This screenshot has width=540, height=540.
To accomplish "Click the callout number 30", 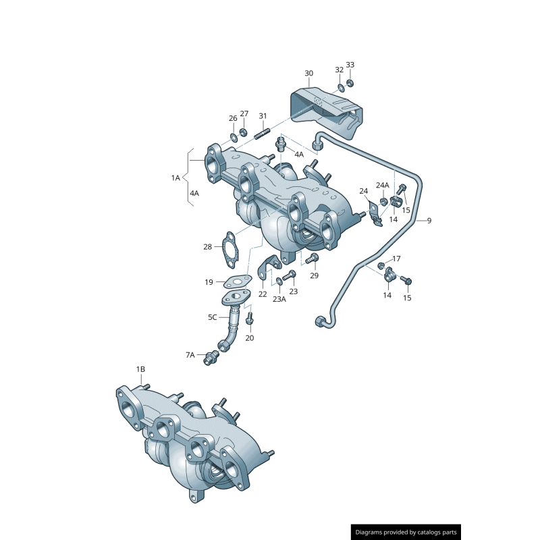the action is pos(309,74).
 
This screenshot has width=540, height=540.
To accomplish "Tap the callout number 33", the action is pos(350,65).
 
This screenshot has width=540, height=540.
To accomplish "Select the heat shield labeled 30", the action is pos(326,113).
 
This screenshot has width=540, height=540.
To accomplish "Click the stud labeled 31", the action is pos(263,133).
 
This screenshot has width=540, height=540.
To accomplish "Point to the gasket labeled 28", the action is pos(230,250).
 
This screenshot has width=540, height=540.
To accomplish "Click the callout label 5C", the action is pos(213,317).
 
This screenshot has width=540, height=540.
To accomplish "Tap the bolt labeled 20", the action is pos(250,319).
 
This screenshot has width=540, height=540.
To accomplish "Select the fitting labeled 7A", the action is pos(211,358).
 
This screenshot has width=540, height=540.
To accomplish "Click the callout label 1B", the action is pos(140,369).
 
